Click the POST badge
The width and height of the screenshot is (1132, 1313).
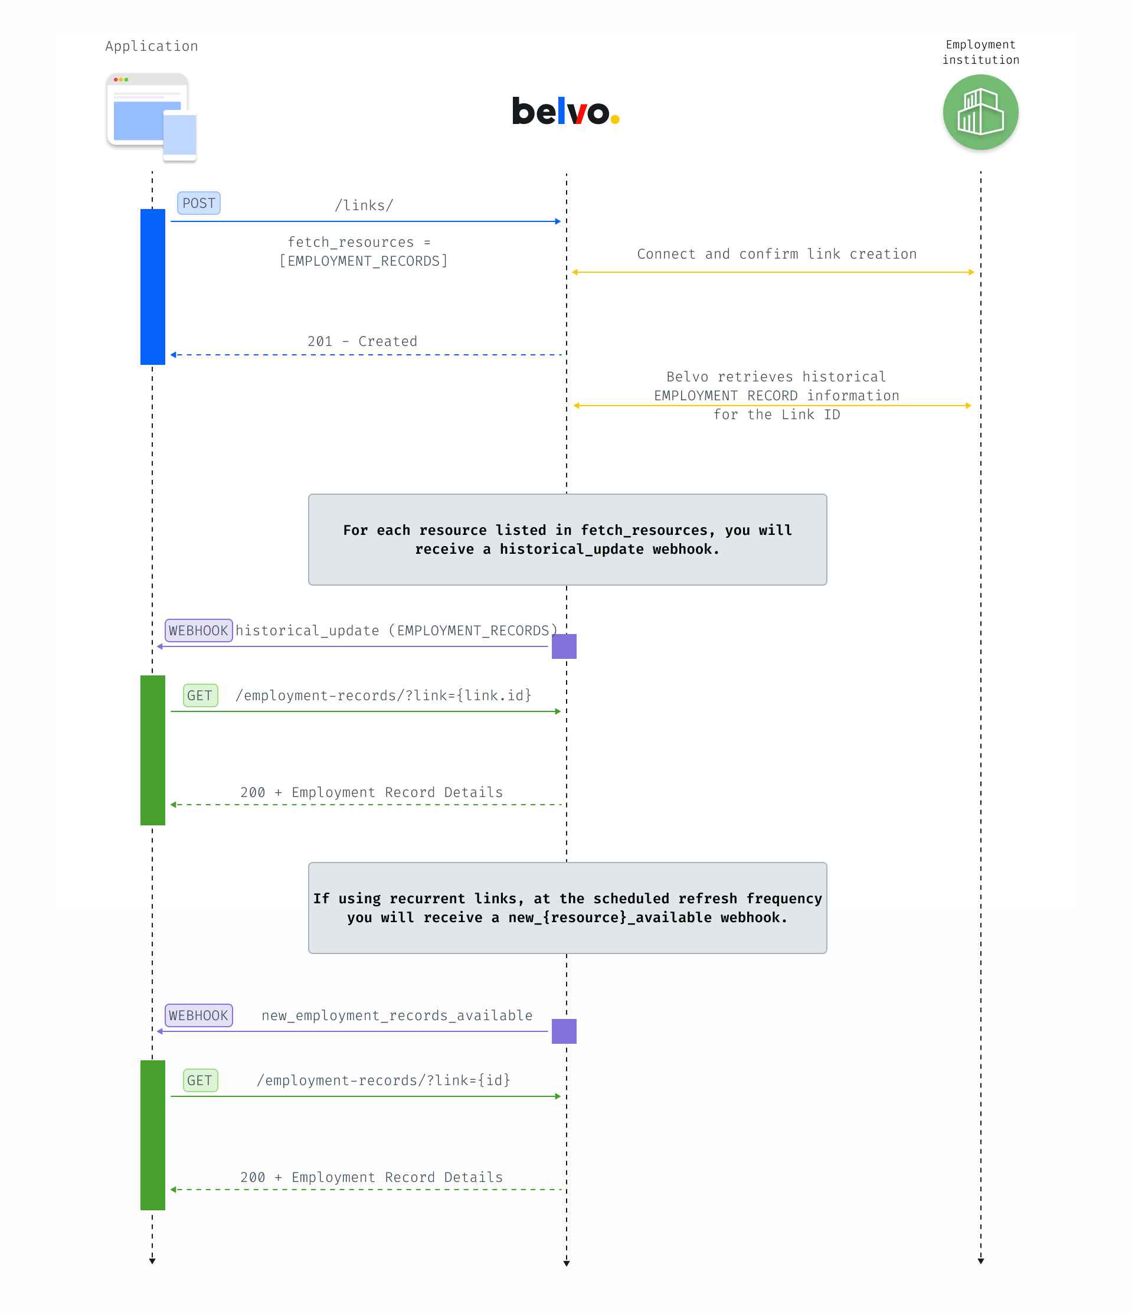[x=198, y=204]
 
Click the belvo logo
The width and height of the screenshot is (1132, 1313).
[x=565, y=111]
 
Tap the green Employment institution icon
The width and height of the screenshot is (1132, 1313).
[x=980, y=112]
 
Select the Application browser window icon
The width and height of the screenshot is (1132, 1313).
[x=152, y=117]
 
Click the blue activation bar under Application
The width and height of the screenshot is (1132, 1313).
[x=153, y=286]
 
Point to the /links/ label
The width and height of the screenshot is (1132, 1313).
[x=364, y=205]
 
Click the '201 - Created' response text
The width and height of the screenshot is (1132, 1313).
[x=362, y=341]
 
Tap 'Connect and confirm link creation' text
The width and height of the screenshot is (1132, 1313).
[x=777, y=253]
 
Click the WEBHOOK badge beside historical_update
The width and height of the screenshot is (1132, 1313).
[x=198, y=631]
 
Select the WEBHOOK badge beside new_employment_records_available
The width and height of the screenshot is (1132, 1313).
[x=198, y=1015]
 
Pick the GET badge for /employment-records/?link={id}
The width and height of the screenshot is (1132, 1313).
[x=200, y=1080]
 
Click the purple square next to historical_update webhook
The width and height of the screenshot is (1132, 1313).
[x=564, y=646]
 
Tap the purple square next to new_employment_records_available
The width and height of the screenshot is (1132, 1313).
[x=564, y=1031]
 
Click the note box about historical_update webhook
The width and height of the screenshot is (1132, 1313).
[x=568, y=539]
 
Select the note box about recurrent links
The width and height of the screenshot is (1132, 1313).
[x=568, y=907]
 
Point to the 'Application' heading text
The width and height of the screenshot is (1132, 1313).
[x=152, y=46]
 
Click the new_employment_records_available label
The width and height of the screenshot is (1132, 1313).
[x=397, y=1015]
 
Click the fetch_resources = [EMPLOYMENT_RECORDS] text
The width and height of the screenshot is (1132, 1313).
[x=363, y=251]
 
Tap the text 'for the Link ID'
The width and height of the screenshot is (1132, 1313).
[x=777, y=414]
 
